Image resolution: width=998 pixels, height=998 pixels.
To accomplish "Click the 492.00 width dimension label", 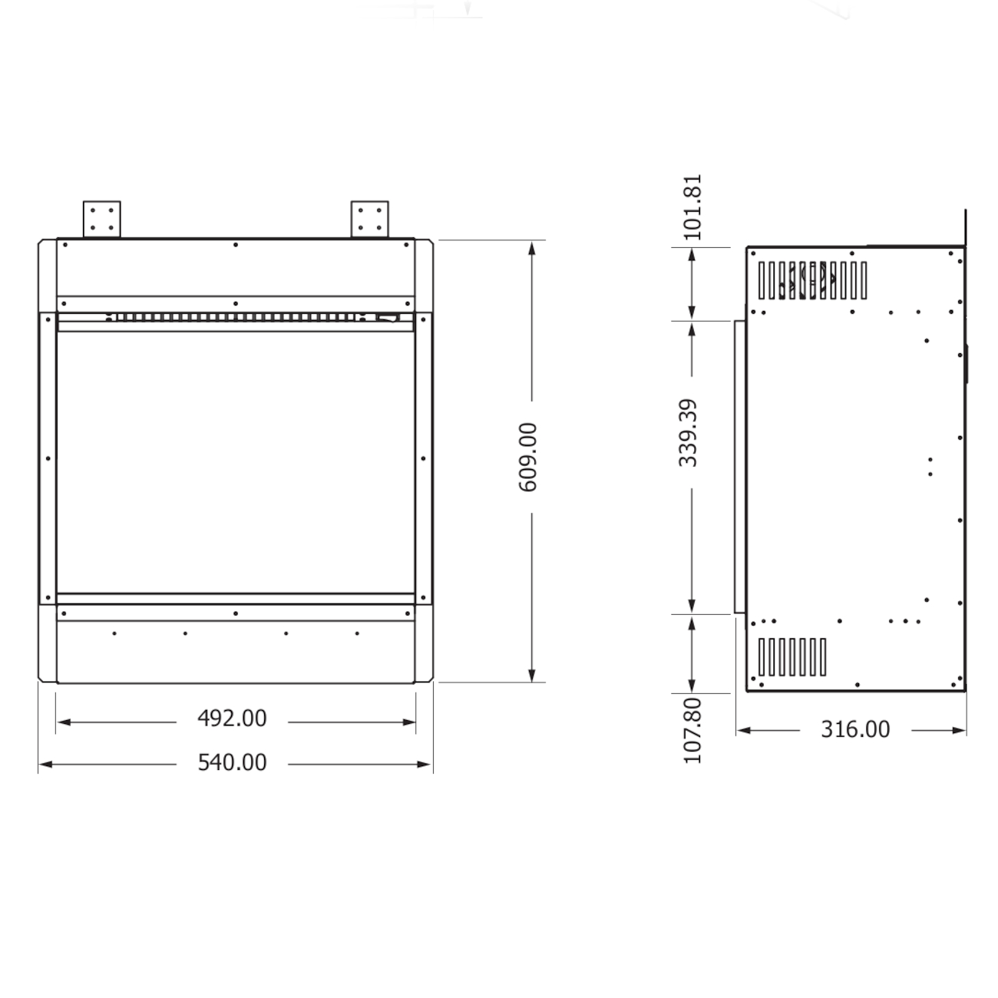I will [232, 719].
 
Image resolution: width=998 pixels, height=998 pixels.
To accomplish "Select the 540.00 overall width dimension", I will [232, 762].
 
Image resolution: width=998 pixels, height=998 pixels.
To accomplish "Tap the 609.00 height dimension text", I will [528, 457].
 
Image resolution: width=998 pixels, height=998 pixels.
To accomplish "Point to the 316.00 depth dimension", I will [855, 729].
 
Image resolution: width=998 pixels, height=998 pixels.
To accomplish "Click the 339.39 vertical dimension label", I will [689, 432].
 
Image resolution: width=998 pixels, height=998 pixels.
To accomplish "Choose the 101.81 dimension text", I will [692, 207].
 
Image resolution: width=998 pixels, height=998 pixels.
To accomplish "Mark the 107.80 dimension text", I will [692, 730].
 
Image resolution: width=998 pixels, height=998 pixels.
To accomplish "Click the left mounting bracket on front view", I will [102, 218].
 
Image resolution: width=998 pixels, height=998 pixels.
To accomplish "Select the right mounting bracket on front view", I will [369, 218].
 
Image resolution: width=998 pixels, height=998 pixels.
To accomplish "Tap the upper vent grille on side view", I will [812, 280].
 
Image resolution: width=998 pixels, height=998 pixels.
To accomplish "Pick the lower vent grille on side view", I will [791, 657].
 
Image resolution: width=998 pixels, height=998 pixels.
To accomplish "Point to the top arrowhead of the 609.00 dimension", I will [532, 247].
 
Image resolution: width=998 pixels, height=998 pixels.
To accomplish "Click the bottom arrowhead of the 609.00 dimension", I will [532, 675].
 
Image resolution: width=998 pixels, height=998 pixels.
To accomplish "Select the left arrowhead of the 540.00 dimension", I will [45, 764].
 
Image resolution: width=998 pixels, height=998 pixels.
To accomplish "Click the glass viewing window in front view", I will [236, 461].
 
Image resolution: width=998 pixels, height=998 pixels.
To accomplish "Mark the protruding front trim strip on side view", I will [739, 467].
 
